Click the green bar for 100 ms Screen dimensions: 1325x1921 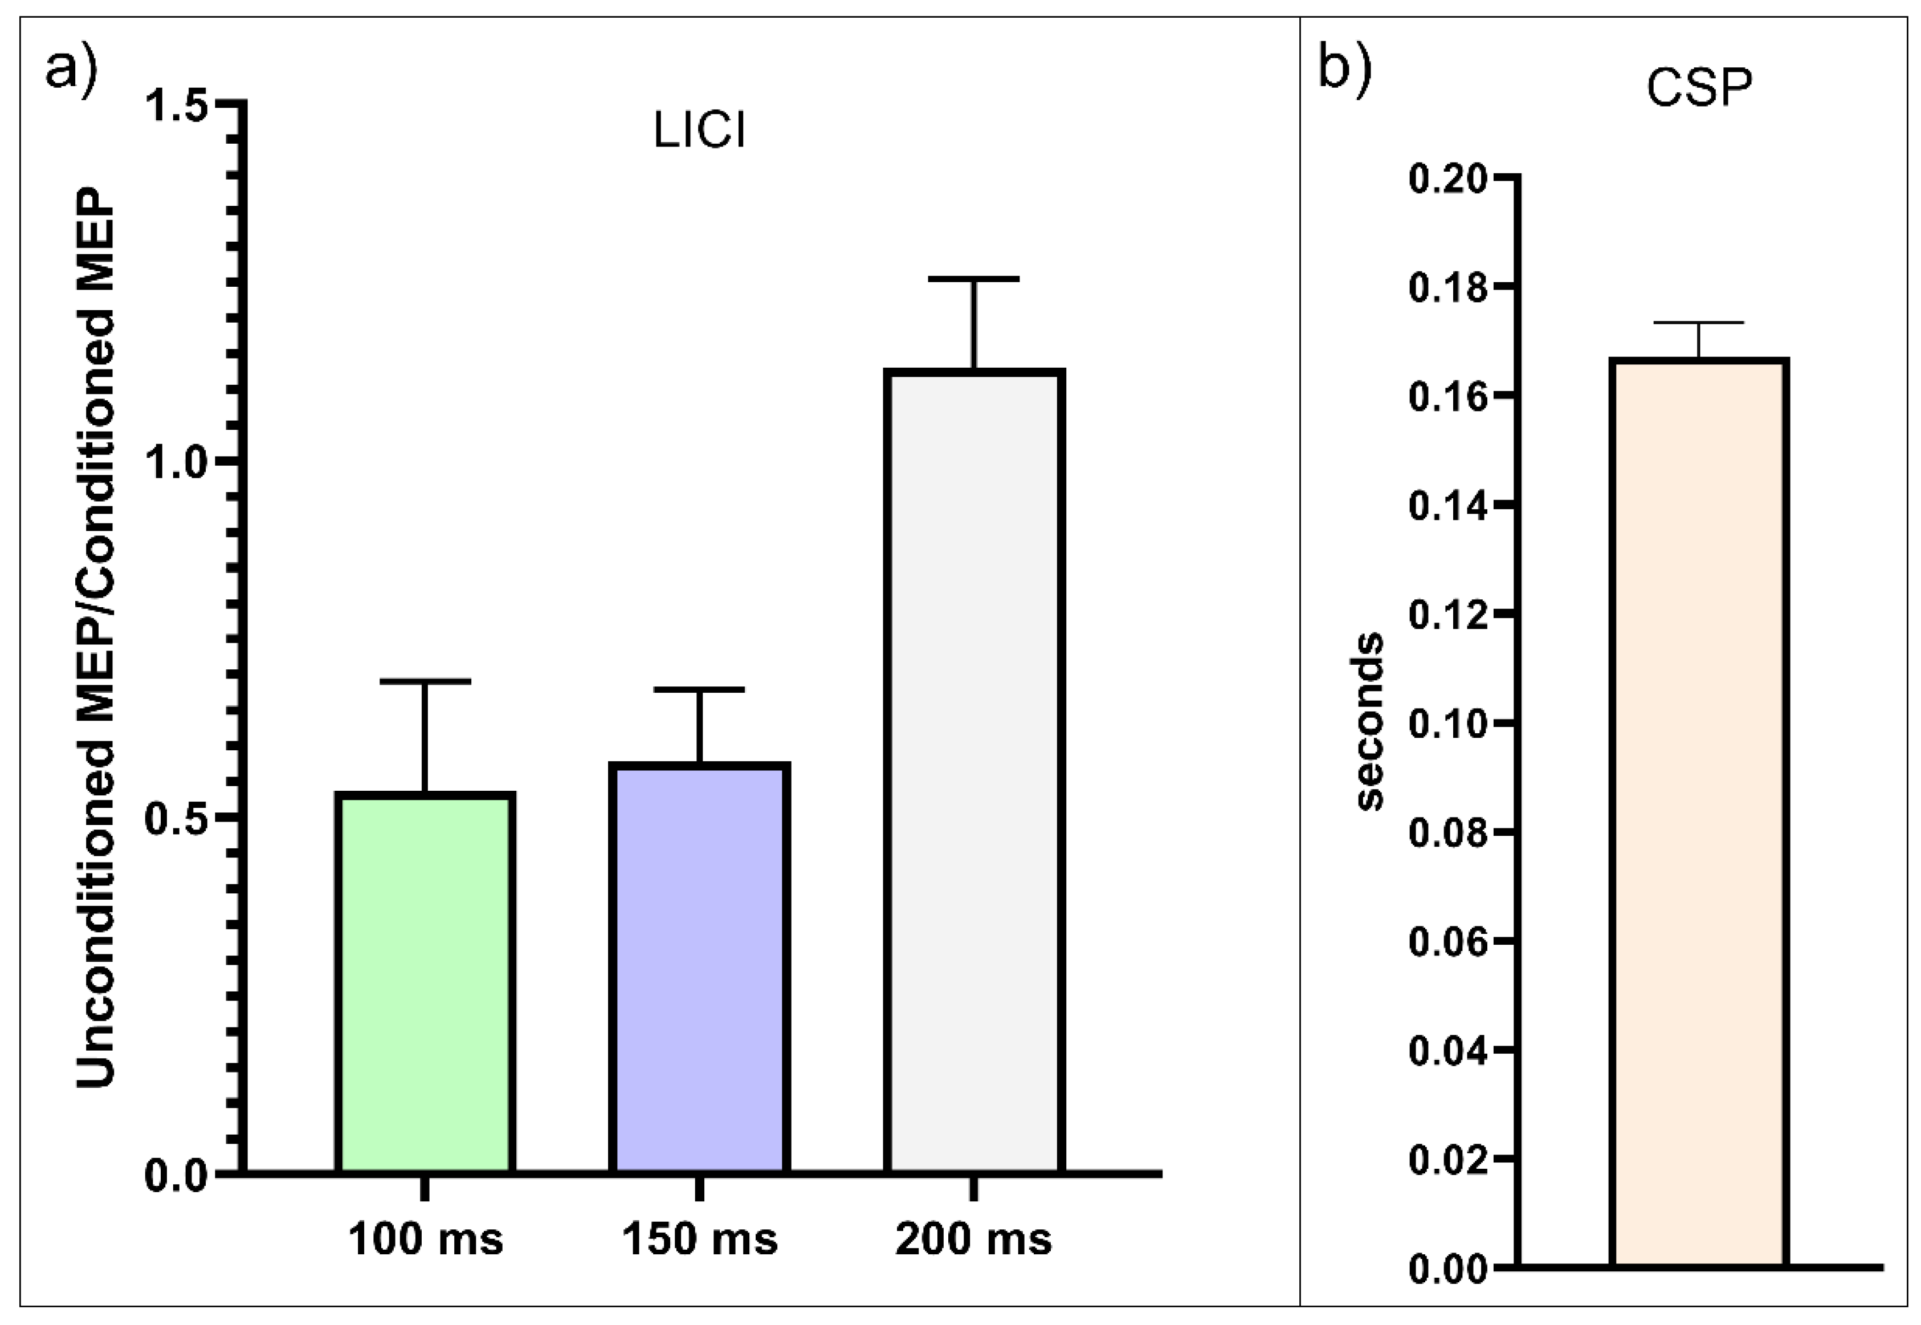click(425, 984)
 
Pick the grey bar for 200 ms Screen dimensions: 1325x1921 click(973, 772)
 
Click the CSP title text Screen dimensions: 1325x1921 click(1699, 88)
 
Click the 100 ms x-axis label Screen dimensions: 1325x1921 click(425, 1240)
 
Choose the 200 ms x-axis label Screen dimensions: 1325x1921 click(973, 1240)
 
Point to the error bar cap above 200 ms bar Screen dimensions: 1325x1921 click(973, 279)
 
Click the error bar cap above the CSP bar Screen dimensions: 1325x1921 click(1699, 323)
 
